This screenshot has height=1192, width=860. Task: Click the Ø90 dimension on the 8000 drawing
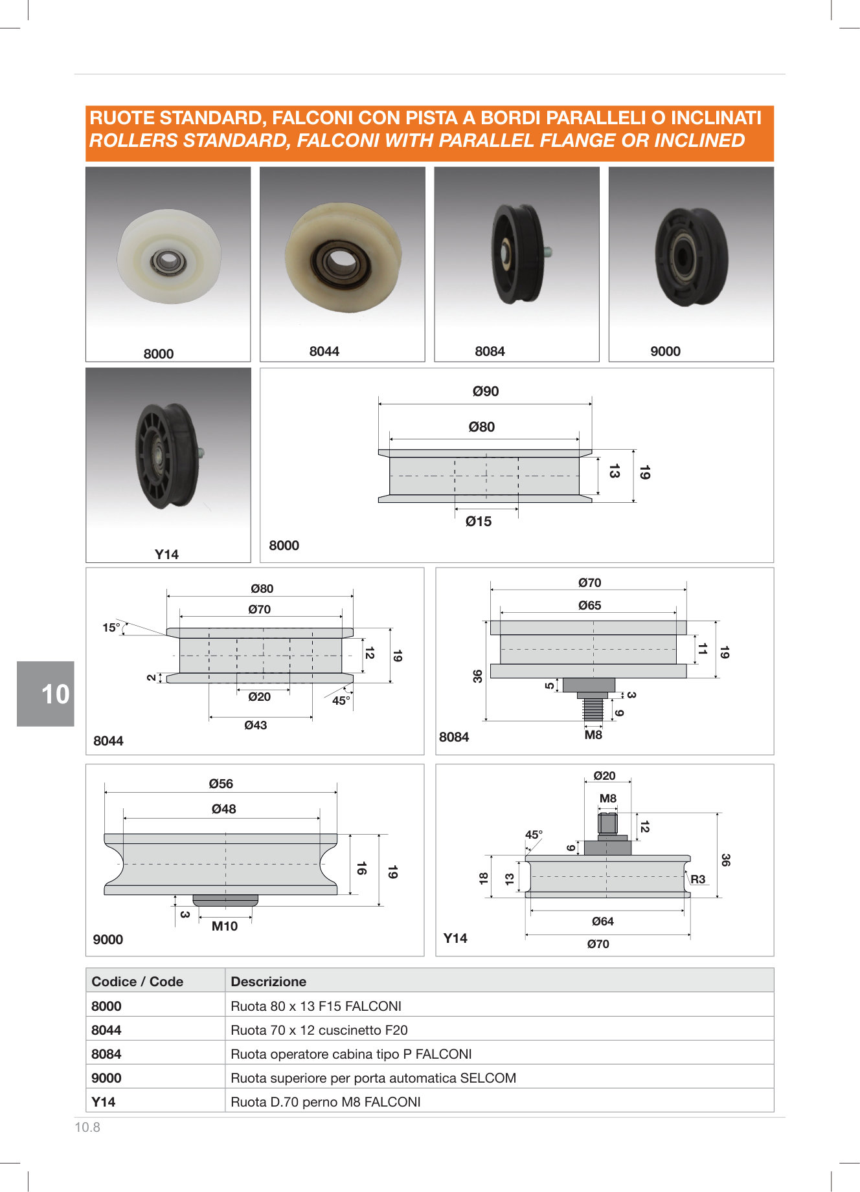[486, 392]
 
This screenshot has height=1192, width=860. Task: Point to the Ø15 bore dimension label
[479, 522]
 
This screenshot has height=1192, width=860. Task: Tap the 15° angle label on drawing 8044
[111, 627]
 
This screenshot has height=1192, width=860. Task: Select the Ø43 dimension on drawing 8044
[256, 725]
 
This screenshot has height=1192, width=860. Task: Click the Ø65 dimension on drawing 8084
[589, 606]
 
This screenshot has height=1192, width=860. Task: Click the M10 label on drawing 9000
[225, 926]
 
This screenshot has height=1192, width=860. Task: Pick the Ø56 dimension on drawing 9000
[221, 784]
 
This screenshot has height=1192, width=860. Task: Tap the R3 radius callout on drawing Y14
[697, 879]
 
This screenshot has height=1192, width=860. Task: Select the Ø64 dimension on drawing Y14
[602, 922]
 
